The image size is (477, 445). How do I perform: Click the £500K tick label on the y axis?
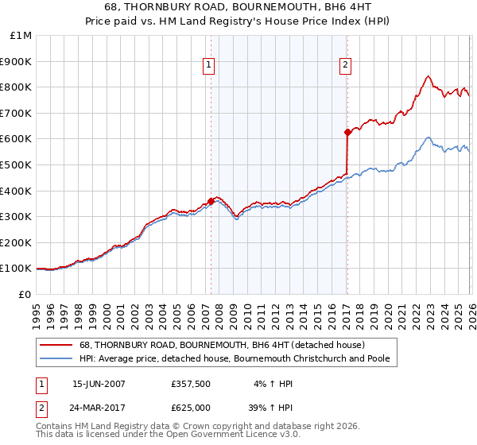[x=17, y=164]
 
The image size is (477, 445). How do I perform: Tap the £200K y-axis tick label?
[x=17, y=242]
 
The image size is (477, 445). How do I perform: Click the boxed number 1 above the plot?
[x=208, y=66]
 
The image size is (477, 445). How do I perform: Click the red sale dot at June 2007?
[x=211, y=201]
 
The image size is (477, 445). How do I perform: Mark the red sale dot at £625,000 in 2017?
[x=347, y=132]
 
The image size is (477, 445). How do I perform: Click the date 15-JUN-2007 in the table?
[x=99, y=384]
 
